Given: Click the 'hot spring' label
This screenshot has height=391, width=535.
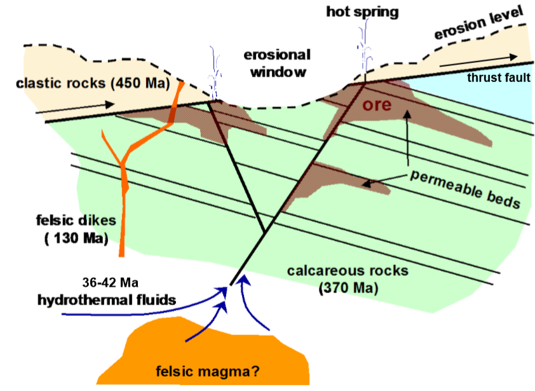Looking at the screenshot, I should [362, 12].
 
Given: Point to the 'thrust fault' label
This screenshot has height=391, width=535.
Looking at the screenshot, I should [498, 78].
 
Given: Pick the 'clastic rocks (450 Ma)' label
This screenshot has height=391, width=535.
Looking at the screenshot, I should [72, 85].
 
